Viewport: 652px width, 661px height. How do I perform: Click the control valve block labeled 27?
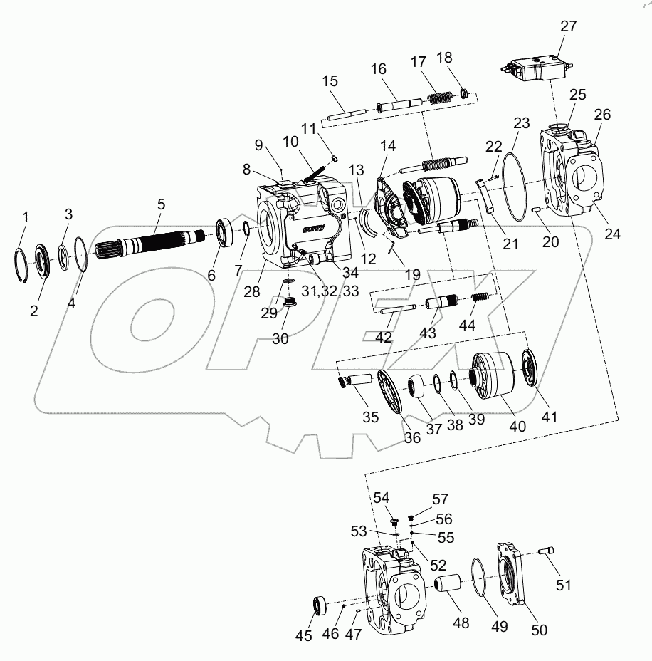click(x=537, y=70)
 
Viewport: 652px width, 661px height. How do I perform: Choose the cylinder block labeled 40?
click(x=490, y=375)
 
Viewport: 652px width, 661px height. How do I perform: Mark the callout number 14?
click(x=387, y=147)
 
